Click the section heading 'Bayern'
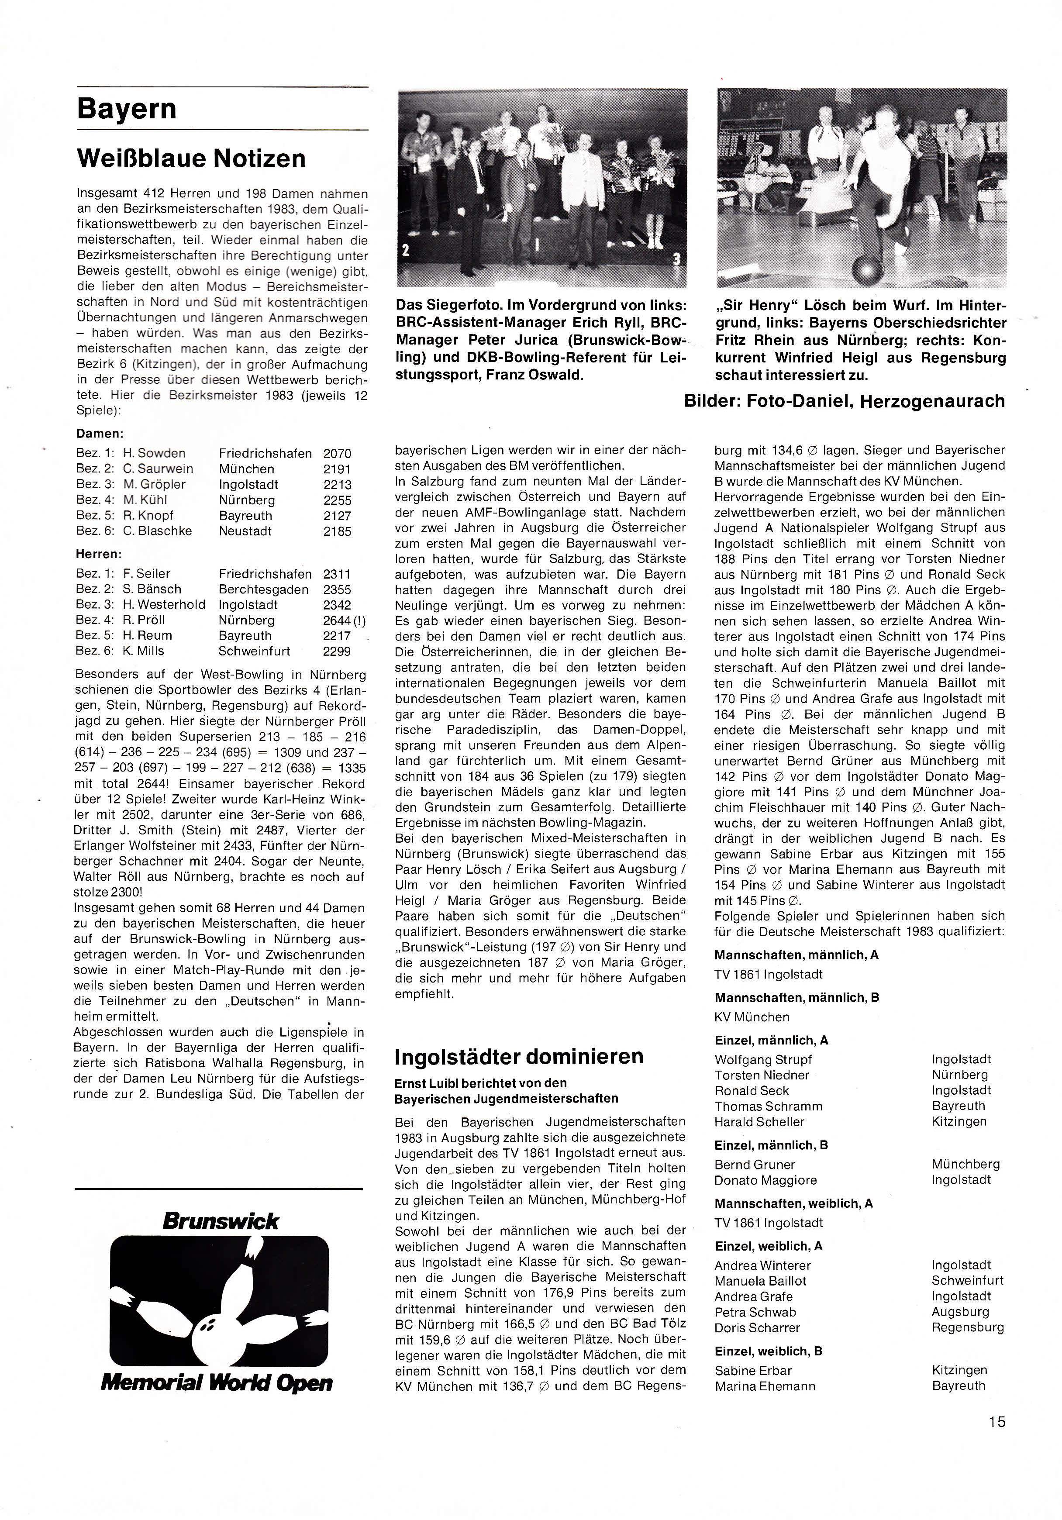[127, 109]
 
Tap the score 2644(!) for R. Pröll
[344, 620]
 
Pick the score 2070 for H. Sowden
[337, 454]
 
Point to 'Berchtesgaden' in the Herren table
[263, 589]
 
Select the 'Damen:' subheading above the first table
[100, 434]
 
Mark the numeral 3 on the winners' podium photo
[676, 259]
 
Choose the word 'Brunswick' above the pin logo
[221, 1221]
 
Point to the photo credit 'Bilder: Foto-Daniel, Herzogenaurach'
[844, 401]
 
